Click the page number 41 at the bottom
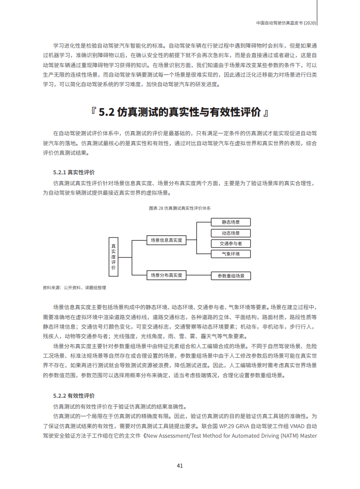[180, 465]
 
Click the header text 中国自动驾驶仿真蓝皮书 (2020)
[286, 22]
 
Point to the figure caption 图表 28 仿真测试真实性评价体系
[180, 208]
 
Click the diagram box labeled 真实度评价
[113, 257]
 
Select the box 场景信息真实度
[166, 240]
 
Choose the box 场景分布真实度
[166, 275]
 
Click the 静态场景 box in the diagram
[231, 222]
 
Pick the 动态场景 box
[231, 233]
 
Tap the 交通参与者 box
[231, 244]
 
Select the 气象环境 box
[231, 254]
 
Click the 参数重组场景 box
[231, 276]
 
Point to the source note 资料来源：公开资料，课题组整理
[74, 288]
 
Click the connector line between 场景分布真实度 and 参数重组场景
[198, 275]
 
